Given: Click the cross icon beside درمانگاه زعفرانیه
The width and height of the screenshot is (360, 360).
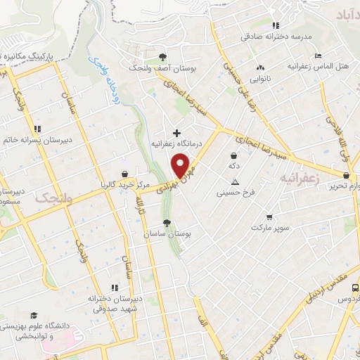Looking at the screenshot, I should pos(176,132).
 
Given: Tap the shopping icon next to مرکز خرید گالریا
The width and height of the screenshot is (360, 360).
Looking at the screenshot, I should pos(124,174).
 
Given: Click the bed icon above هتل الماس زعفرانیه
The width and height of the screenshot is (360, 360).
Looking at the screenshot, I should pos(318,55).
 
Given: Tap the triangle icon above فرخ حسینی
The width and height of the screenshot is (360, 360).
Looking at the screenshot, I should pos(236,181).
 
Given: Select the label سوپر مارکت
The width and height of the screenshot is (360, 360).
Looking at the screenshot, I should pos(269,229).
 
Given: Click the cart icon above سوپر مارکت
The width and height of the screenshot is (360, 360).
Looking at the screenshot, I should pos(269,217).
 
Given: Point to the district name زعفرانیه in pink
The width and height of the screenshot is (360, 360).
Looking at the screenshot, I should pos(298,179).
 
